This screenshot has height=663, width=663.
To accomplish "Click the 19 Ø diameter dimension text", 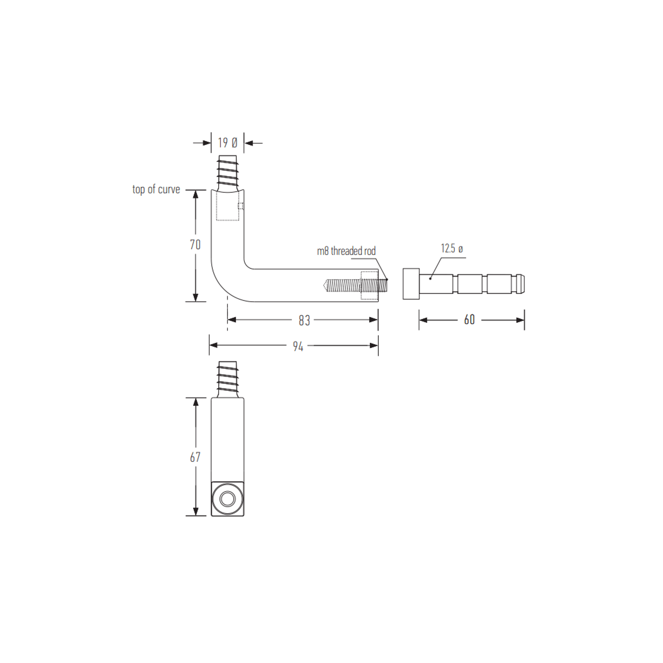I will tap(227, 142).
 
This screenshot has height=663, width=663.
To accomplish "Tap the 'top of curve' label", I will tap(156, 189).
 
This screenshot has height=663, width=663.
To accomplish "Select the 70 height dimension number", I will tap(195, 245).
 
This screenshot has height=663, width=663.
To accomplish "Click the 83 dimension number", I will tap(304, 320).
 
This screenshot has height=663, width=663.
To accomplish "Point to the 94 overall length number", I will tap(298, 347).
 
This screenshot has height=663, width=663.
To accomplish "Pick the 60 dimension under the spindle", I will tap(469, 320).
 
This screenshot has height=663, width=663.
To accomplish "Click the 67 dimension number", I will tap(195, 457).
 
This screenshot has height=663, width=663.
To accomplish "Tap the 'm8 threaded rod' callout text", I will tap(346, 251).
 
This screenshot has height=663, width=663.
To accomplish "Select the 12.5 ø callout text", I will tap(452, 249).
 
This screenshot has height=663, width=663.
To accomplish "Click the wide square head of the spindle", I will tap(411, 284).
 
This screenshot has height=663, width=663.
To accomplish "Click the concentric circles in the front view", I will tap(227, 499).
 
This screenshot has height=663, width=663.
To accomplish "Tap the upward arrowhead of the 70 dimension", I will tap(195, 194).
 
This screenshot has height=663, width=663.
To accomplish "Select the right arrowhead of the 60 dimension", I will tap(521, 320).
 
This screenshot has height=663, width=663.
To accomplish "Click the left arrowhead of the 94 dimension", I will tap(214, 345).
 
